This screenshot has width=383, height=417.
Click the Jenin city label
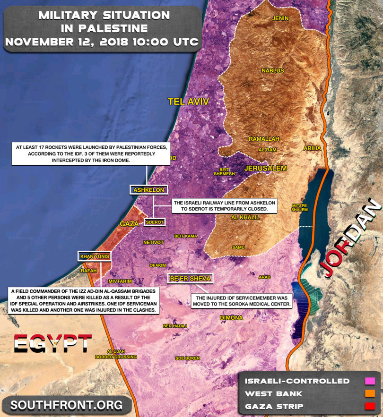(x=280, y=18)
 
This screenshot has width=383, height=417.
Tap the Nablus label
(x=273, y=70)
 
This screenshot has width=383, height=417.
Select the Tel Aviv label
(x=188, y=102)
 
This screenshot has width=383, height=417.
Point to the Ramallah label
(x=265, y=139)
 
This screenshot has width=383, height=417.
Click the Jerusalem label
(x=266, y=168)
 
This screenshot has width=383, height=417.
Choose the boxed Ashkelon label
(x=149, y=190)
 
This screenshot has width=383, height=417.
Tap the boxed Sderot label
(x=155, y=221)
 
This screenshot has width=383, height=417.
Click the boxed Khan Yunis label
(x=95, y=256)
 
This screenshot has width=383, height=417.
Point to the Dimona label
(x=231, y=318)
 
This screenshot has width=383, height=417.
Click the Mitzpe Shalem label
(x=300, y=208)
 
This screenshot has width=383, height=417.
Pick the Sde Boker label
(x=187, y=358)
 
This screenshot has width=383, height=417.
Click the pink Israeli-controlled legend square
(x=370, y=381)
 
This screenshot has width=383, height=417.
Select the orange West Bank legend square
(x=370, y=393)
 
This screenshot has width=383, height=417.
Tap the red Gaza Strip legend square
(x=370, y=406)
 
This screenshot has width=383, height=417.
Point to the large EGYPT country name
(x=53, y=343)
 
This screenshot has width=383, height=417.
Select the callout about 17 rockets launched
(x=90, y=154)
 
